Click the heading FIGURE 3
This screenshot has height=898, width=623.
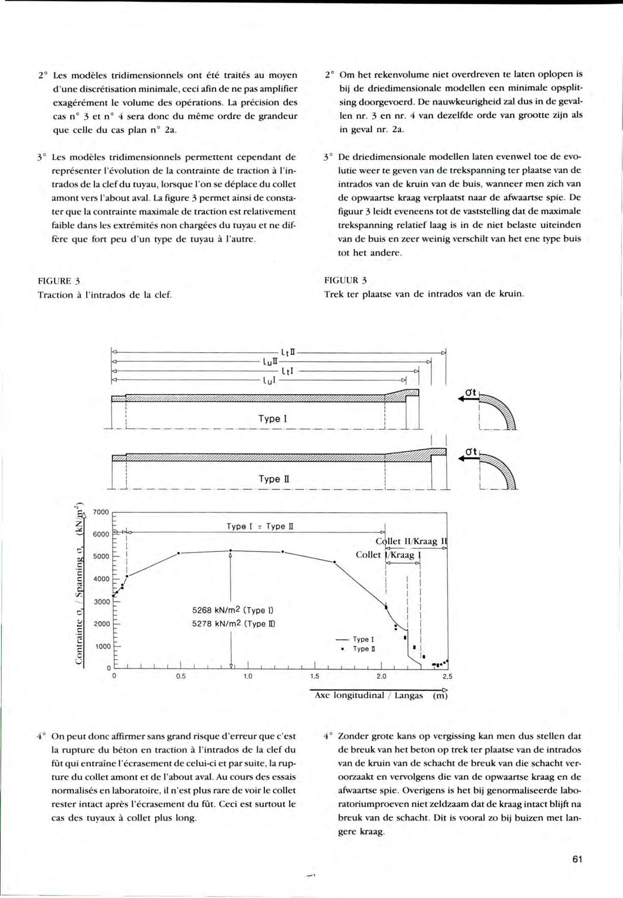click(x=59, y=281)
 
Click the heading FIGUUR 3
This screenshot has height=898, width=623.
click(x=345, y=280)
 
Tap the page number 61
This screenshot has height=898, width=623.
click(x=577, y=859)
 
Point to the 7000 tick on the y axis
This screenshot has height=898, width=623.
click(x=101, y=512)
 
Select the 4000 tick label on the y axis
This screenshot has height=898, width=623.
click(x=101, y=579)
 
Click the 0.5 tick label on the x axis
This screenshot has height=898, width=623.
click(x=181, y=677)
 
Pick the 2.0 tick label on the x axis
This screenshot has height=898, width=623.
click(x=381, y=677)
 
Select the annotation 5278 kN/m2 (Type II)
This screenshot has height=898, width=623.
click(x=234, y=623)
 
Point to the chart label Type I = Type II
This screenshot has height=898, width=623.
click(x=260, y=526)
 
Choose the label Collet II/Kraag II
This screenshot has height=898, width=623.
click(x=412, y=541)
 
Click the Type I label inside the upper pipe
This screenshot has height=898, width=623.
click(x=273, y=419)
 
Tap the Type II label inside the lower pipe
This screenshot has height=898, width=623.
click(x=274, y=479)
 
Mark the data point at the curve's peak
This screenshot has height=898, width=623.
click(x=231, y=550)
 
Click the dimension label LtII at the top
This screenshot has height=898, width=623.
click(x=288, y=352)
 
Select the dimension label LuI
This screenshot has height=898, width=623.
click(x=269, y=380)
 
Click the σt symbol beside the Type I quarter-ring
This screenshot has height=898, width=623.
click(x=470, y=392)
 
